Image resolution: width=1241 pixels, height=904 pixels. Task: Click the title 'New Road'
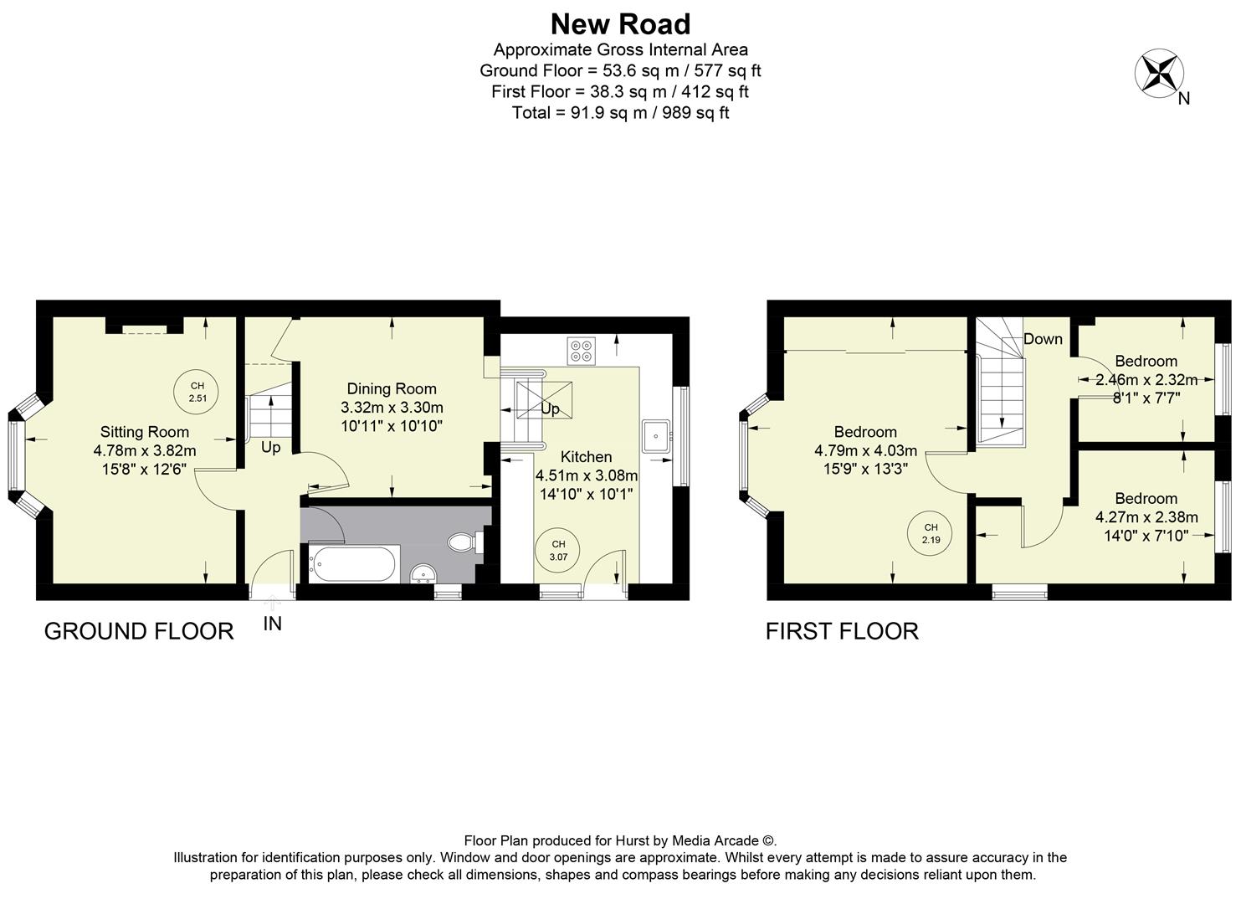tap(620, 23)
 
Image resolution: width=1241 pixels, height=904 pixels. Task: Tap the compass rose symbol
tap(1158, 73)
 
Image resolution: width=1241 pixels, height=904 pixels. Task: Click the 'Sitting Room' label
tap(145, 432)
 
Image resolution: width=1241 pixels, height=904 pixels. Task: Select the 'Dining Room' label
tap(392, 388)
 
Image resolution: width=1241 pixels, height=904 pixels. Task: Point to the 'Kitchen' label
tap(586, 457)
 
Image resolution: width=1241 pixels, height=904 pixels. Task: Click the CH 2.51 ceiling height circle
tap(197, 392)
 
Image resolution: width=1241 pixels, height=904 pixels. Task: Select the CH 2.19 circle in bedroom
tap(931, 533)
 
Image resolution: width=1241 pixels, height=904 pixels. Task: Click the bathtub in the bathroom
tap(352, 563)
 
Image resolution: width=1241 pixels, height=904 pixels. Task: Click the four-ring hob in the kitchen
tap(581, 351)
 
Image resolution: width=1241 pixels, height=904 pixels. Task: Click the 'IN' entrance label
tap(272, 624)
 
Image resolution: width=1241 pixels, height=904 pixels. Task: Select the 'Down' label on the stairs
tap(1043, 339)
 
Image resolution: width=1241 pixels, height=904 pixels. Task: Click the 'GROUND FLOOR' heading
tap(139, 631)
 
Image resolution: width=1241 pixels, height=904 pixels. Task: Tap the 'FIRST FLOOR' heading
tap(842, 631)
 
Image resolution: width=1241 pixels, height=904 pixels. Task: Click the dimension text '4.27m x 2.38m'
tap(1146, 517)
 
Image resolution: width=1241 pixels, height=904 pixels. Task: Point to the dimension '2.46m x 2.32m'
tap(1146, 380)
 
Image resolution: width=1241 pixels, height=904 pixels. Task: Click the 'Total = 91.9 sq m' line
tap(620, 113)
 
